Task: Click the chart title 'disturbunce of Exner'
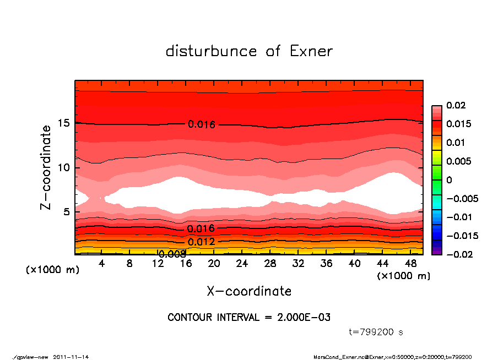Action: (249, 51)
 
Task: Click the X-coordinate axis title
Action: (249, 291)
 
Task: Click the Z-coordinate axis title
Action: (46, 167)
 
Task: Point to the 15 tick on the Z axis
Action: (64, 123)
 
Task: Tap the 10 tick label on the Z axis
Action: (64, 167)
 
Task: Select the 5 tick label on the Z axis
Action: (67, 211)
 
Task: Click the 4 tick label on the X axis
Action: (102, 264)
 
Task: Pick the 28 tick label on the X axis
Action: (270, 264)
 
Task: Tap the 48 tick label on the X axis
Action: (410, 264)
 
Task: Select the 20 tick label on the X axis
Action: (214, 264)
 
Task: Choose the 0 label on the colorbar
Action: (449, 180)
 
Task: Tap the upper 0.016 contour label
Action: (201, 124)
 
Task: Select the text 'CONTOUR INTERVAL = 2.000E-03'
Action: (249, 318)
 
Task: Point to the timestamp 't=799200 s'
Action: (376, 332)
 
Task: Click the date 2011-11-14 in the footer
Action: (71, 357)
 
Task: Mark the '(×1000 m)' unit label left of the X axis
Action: (52, 270)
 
